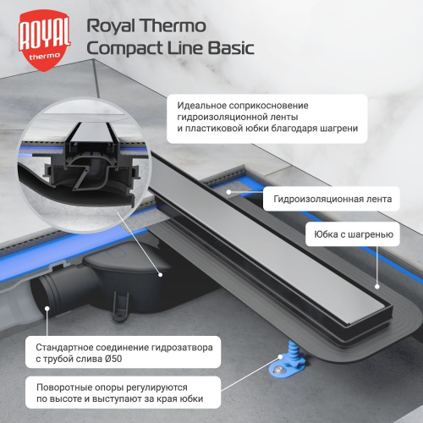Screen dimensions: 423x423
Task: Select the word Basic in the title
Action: (x=229, y=48)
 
